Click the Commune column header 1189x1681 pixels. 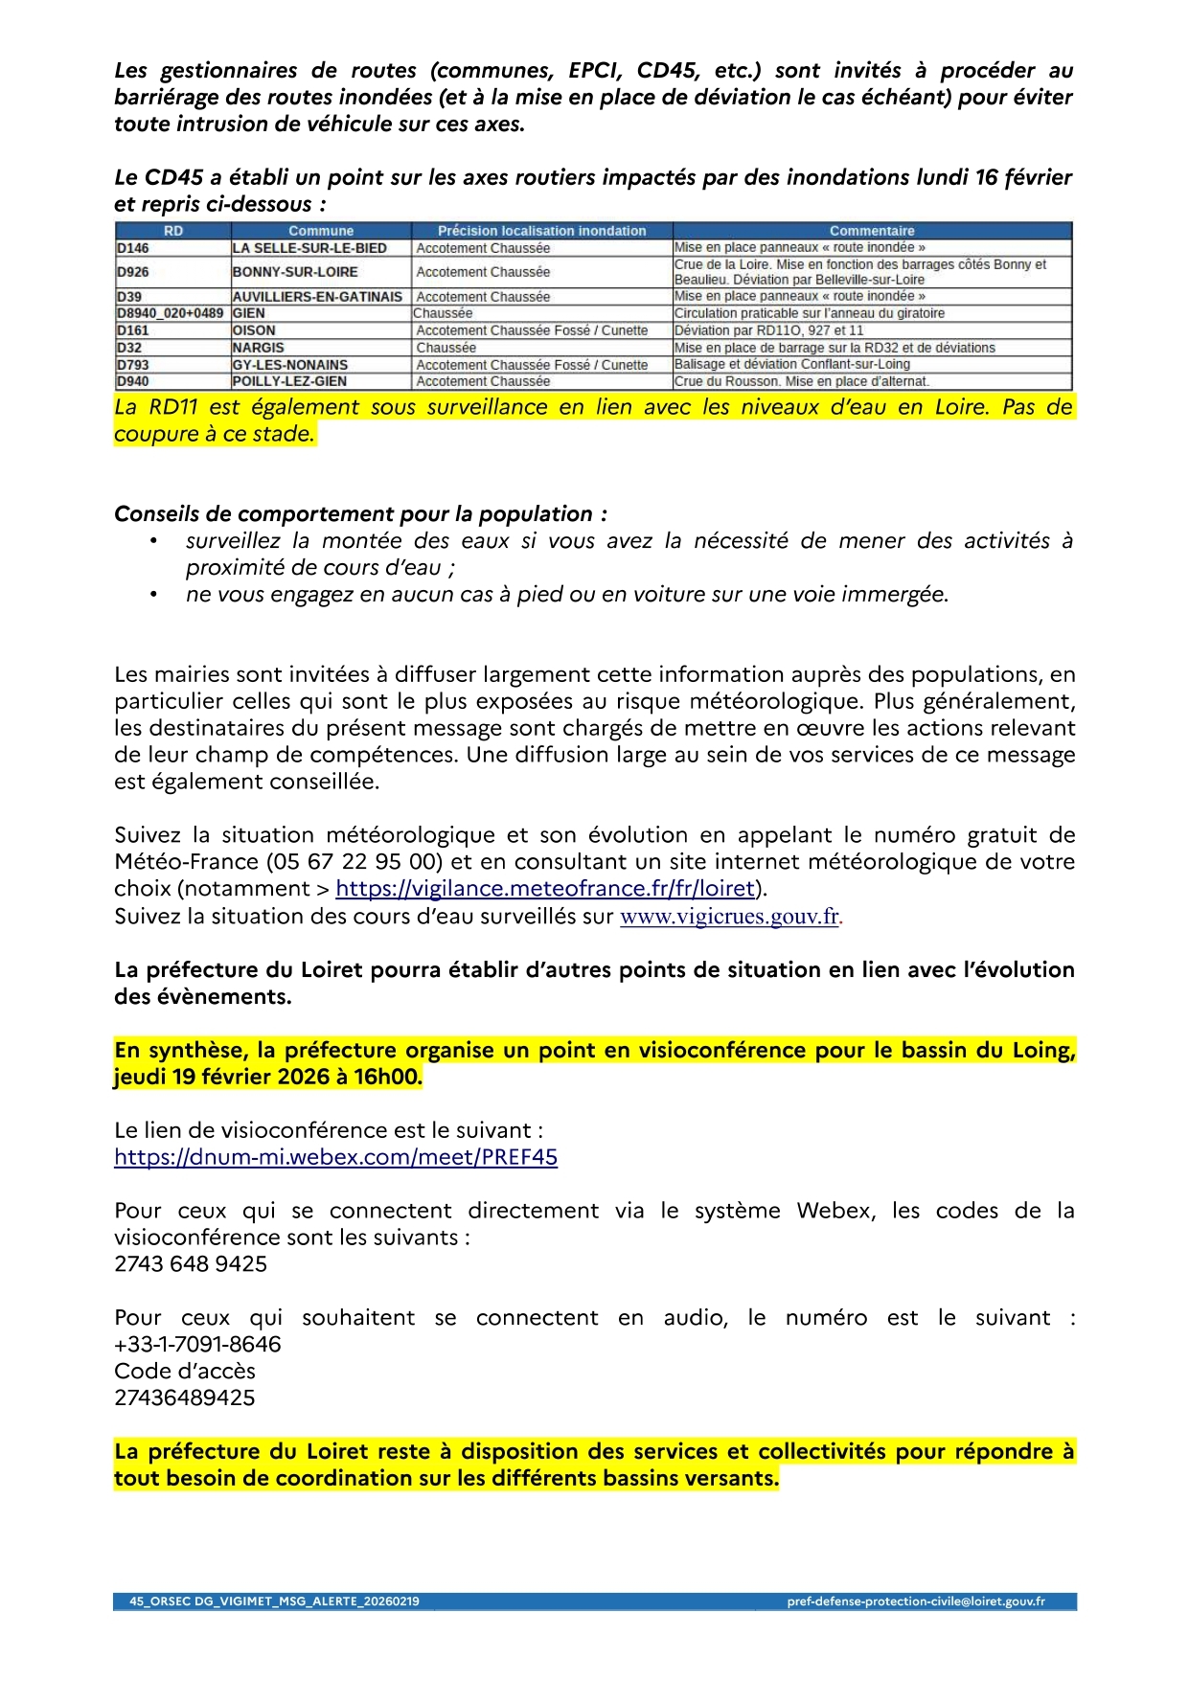321,231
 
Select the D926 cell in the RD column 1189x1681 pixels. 133,272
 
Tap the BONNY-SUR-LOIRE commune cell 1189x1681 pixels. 295,272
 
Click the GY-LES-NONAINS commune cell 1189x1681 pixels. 290,365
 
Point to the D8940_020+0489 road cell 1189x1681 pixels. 171,313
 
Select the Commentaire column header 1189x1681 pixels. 872,231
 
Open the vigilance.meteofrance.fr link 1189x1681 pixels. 545,889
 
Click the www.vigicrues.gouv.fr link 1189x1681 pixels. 730,917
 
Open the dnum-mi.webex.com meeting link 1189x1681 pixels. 335,1157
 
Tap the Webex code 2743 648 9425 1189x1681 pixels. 191,1264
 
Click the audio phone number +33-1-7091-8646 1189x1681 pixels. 197,1345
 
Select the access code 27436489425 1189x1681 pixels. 185,1398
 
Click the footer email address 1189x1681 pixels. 915,1601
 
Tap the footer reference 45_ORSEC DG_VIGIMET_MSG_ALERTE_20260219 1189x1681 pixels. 274,1601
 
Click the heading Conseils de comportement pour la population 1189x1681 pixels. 360,514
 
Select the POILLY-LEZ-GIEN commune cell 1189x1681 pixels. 289,381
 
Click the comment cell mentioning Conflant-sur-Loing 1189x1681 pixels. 792,365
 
